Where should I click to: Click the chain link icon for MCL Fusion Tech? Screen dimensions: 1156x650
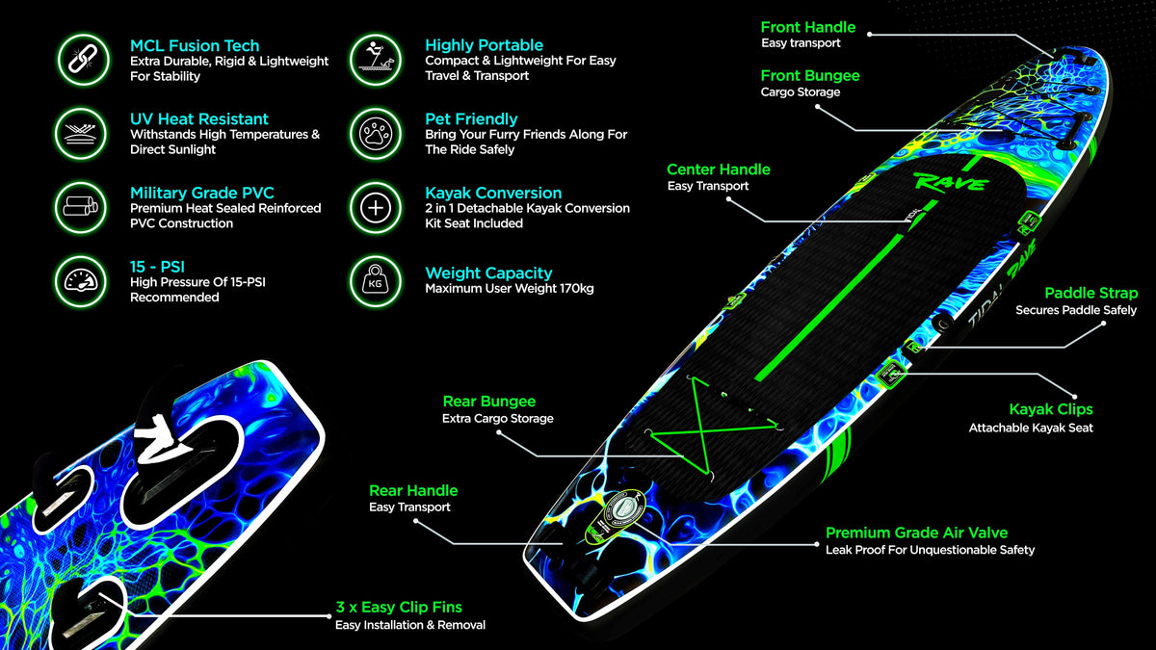click(x=83, y=60)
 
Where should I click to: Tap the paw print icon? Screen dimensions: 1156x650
click(x=375, y=134)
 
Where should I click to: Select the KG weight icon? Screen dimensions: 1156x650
click(x=375, y=281)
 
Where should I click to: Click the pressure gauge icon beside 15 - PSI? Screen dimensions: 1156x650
click(x=81, y=281)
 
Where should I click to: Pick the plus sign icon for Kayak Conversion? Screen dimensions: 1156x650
click(x=375, y=208)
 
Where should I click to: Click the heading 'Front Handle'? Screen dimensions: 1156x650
click(x=807, y=27)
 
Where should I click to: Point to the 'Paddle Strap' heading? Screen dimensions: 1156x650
click(x=1090, y=293)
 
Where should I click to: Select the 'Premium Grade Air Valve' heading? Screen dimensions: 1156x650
click(x=916, y=533)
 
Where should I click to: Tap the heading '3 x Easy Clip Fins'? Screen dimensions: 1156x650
click(x=399, y=608)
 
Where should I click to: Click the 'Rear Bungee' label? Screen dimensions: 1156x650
click(x=489, y=402)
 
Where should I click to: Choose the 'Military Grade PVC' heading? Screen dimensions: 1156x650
click(x=201, y=193)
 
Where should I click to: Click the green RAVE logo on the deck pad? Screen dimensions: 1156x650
click(x=951, y=182)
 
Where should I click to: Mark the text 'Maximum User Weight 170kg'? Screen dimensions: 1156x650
click(x=510, y=288)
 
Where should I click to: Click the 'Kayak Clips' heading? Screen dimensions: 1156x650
click(x=1051, y=409)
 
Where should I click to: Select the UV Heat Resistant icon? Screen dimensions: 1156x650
click(x=81, y=134)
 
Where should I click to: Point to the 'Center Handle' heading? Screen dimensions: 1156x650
click(x=719, y=169)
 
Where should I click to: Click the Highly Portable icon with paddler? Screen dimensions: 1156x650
click(x=375, y=60)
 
